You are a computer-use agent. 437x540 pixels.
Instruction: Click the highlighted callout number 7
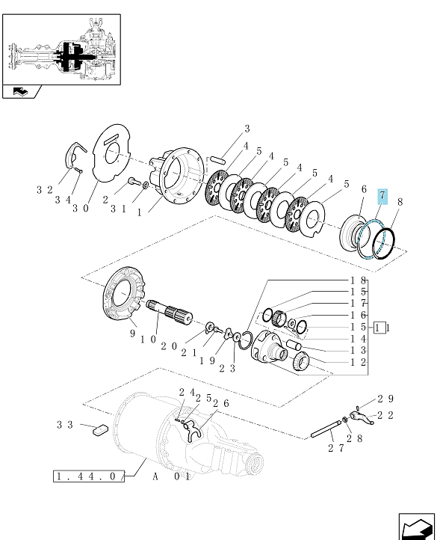[382, 196]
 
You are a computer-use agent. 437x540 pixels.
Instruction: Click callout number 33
[65, 425]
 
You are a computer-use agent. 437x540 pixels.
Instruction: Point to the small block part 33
[101, 431]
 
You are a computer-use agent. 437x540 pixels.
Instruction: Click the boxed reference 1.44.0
[89, 476]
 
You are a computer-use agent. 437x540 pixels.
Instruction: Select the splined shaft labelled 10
[170, 311]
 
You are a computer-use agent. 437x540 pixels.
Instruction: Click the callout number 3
[247, 129]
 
